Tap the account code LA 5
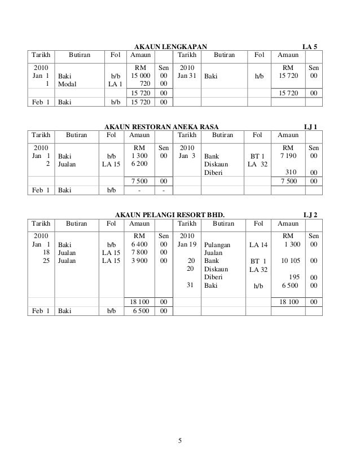[x=310, y=45]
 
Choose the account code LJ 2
[x=310, y=214]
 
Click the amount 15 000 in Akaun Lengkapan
[x=141, y=74]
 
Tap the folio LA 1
[x=116, y=82]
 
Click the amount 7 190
[x=291, y=155]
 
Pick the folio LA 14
[x=260, y=244]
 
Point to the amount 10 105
[x=290, y=261]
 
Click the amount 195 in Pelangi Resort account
[x=293, y=277]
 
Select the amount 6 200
[x=141, y=164]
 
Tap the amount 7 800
[x=141, y=252]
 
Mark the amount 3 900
[x=141, y=261]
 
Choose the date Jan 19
[x=186, y=244]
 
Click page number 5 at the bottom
[x=179, y=441]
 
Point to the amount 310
[x=291, y=172]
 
